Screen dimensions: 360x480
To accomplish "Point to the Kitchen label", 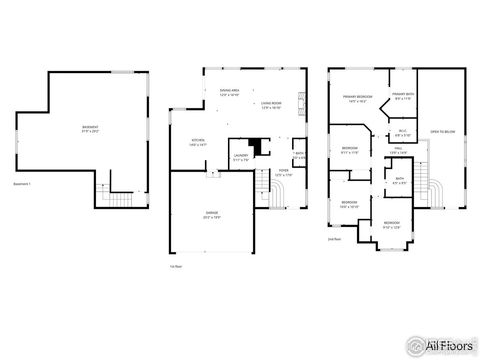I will point(198,141).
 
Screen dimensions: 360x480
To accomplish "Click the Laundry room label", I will point(240,156).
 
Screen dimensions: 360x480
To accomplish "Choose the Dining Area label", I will point(229,92).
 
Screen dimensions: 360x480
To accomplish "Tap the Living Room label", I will point(271,103).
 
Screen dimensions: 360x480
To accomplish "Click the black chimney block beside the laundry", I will point(259,146).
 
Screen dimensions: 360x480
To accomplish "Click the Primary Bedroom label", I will point(357,99).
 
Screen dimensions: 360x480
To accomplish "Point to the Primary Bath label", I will point(403,97).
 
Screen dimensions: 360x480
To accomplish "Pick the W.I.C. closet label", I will point(402,133).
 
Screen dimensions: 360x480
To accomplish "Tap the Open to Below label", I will point(443,131).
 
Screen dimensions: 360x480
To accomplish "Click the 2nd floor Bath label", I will point(398,180).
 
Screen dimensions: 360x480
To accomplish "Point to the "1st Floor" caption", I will point(176,265).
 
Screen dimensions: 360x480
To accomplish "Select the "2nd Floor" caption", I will point(333,239).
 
